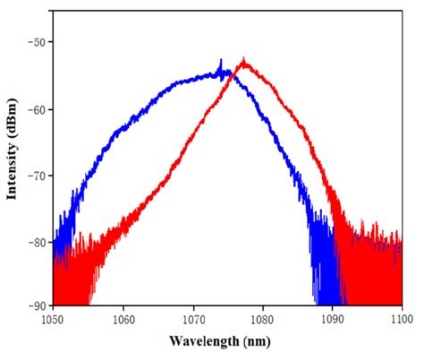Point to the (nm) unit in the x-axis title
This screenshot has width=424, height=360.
click(x=255, y=341)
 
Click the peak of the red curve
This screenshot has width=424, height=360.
click(x=243, y=62)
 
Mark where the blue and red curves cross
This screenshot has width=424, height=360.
click(x=233, y=77)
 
